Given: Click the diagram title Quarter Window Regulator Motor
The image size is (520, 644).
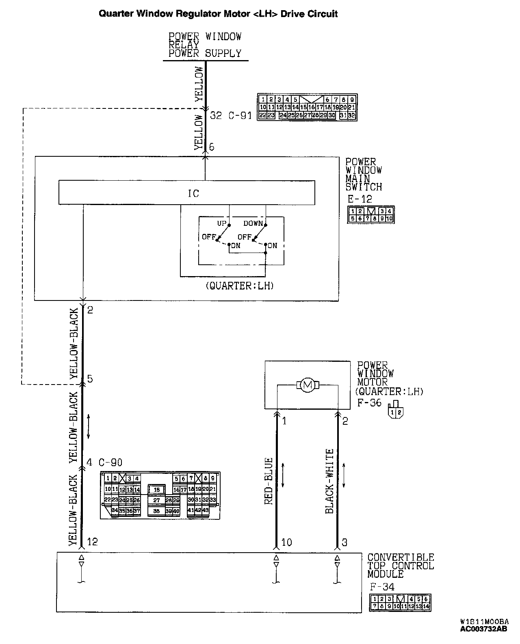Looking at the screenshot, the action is (218, 14).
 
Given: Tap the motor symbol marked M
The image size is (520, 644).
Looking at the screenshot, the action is (308, 385).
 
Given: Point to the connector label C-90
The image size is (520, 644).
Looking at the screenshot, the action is (110, 462).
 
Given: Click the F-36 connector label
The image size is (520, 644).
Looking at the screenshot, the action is (369, 403).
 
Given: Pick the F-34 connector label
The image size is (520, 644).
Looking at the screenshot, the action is (382, 587).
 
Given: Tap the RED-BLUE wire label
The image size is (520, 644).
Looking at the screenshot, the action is (269, 481).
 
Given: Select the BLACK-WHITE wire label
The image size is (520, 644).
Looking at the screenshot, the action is (330, 481).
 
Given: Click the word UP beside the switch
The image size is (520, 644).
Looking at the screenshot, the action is (222, 223).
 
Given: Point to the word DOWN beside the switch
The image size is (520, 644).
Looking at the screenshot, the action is (253, 223).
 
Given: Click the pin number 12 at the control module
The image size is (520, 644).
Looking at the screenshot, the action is (92, 542).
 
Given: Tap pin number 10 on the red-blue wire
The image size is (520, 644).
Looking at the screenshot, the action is (286, 542).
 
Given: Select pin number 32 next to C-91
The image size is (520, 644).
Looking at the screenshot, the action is (216, 116).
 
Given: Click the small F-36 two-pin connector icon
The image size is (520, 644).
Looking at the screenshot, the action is (395, 410).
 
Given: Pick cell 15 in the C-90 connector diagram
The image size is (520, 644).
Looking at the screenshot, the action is (157, 490).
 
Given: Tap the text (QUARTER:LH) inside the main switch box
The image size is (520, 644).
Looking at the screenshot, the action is (240, 286).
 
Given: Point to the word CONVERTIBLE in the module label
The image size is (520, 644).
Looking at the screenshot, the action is (401, 558).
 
